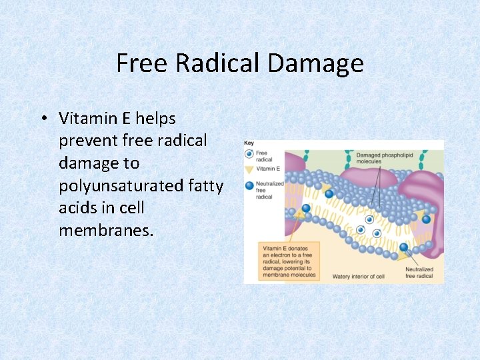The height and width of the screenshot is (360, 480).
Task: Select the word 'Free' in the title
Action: [143, 63]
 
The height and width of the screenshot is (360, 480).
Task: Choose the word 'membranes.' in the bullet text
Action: [107, 230]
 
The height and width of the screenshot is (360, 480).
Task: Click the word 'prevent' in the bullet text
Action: [83, 141]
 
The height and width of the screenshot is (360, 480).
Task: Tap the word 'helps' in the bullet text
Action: [156, 119]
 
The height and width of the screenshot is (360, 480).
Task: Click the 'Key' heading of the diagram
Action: [249, 143]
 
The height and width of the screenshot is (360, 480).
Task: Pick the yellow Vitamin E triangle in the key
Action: [249, 169]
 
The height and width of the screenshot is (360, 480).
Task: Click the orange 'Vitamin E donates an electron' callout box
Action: [289, 260]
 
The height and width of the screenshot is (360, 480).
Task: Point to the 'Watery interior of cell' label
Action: [359, 276]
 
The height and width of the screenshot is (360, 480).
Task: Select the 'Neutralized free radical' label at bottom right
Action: [419, 273]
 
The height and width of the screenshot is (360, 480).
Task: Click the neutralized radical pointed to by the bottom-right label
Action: [404, 247]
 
